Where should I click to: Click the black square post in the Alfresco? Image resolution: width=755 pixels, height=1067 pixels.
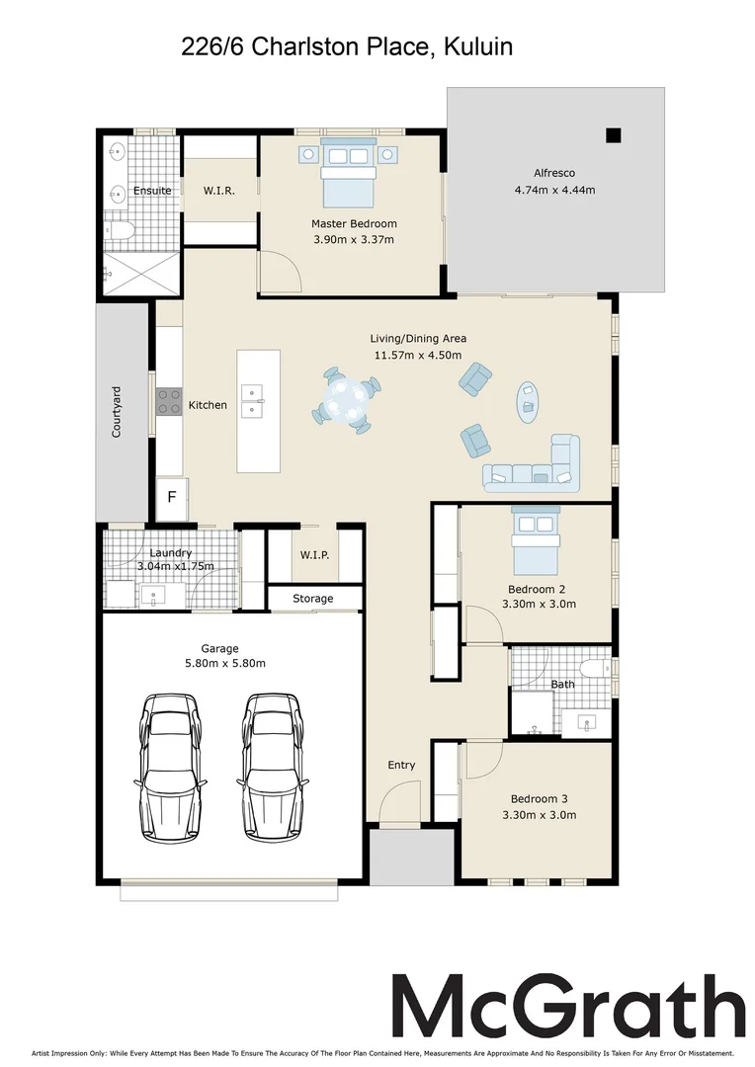[x=614, y=135]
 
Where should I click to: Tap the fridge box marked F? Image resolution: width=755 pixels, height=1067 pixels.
[x=172, y=497]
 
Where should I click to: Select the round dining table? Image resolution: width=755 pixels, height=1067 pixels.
[x=345, y=400]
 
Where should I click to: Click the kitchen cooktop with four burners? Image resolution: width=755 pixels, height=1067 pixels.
[x=170, y=401]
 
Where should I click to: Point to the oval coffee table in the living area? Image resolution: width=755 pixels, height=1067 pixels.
[x=528, y=402]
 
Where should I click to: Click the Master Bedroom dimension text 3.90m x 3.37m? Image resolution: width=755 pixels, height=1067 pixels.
[x=354, y=239]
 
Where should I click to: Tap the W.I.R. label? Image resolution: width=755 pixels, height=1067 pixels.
[x=218, y=192]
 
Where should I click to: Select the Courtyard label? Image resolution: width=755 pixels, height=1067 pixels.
[x=117, y=412]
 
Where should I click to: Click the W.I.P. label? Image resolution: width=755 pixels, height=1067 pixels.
[x=314, y=555]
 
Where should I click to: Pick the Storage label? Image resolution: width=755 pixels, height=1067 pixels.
[x=313, y=599]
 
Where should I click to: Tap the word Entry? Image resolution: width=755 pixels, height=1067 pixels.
[x=401, y=766]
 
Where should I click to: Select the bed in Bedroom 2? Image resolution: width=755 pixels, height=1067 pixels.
[x=536, y=541]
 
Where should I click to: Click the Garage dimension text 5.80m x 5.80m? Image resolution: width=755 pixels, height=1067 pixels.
[x=224, y=664]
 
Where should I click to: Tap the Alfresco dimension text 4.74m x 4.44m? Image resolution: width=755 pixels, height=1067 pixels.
[x=554, y=191]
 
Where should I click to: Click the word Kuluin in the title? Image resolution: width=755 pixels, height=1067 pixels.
[x=478, y=46]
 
